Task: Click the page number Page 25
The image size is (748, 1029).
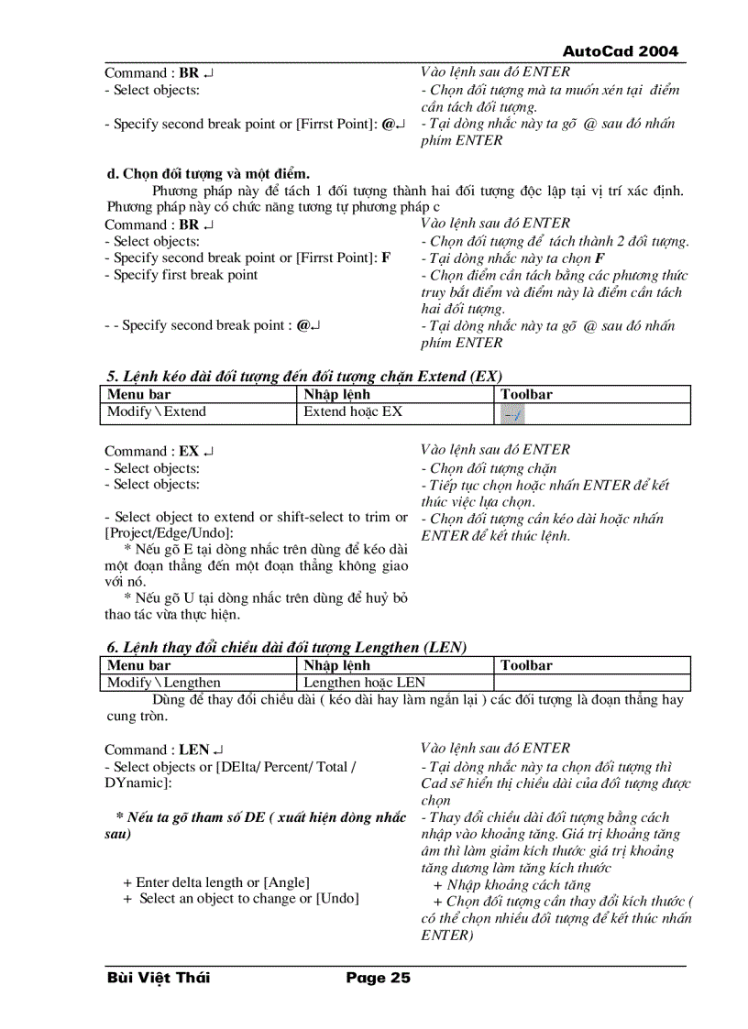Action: click(x=378, y=978)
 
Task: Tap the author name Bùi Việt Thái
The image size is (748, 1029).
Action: click(x=158, y=978)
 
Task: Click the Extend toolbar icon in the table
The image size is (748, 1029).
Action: click(x=513, y=414)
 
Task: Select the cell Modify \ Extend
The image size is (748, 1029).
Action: click(x=157, y=411)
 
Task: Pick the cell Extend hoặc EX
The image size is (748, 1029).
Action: click(x=353, y=411)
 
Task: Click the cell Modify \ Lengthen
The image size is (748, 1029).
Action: click(x=164, y=682)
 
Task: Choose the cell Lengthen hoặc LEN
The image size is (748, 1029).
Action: click(x=364, y=682)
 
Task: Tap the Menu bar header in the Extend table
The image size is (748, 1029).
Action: click(x=139, y=395)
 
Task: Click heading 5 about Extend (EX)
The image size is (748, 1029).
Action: click(x=303, y=377)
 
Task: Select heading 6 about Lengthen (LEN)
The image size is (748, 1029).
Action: click(x=287, y=647)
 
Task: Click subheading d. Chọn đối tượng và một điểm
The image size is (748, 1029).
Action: click(x=208, y=173)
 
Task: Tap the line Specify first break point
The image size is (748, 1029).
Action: click(x=181, y=275)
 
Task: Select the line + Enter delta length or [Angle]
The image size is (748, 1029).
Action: click(x=215, y=882)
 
